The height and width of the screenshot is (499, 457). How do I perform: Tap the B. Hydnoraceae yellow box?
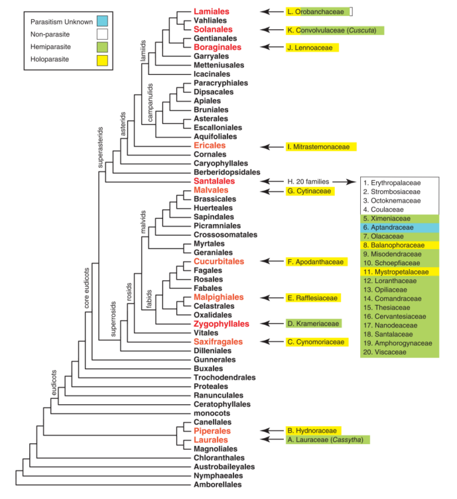tap(313, 431)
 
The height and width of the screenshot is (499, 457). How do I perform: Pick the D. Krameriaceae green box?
tap(313, 324)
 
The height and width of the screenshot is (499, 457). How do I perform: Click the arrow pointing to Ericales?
tap(272, 146)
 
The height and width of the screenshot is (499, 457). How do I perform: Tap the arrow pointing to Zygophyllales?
tap(272, 324)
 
